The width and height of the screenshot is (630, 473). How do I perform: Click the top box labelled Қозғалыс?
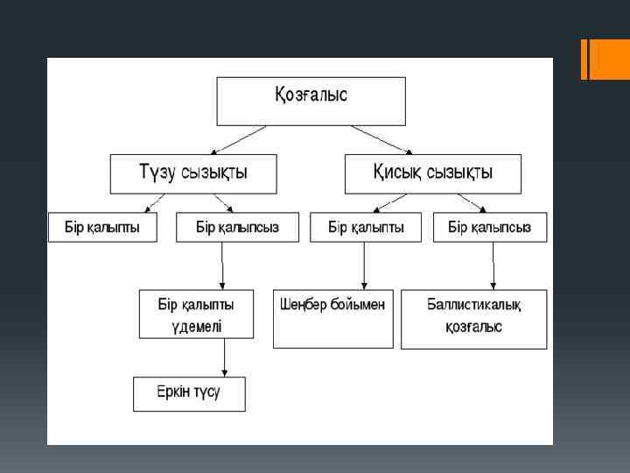[x=311, y=101]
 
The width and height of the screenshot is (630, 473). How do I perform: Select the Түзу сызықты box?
[x=192, y=173]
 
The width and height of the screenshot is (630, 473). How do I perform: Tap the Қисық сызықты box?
[x=432, y=173]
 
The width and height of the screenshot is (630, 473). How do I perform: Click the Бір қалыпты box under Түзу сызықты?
[x=102, y=228]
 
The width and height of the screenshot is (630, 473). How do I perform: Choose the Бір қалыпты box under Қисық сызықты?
[x=366, y=228]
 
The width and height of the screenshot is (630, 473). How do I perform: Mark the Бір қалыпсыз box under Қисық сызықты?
[x=490, y=228]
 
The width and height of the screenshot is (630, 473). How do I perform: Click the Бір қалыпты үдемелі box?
[x=196, y=314]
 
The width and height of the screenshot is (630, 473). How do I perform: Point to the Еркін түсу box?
[x=189, y=394]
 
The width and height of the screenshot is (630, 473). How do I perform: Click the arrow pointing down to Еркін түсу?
[x=225, y=357]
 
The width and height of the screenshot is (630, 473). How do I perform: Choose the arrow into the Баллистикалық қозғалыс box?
[x=493, y=266]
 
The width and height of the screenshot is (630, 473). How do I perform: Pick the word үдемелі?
[x=196, y=327]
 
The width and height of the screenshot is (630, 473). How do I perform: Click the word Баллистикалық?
[x=473, y=305]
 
